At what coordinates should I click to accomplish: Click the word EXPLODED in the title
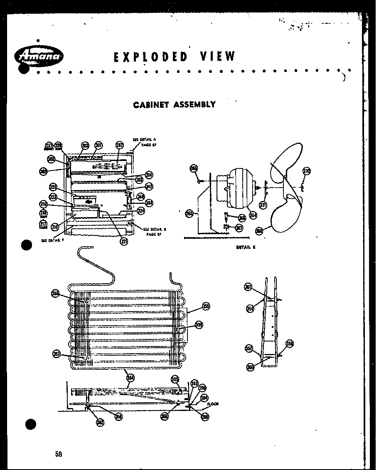coord(151,57)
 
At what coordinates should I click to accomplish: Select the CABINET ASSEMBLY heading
coord(174,104)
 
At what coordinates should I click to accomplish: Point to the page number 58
coord(59,454)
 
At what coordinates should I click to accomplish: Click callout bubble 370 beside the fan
coord(307,171)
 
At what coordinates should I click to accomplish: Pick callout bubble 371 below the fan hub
coord(263,205)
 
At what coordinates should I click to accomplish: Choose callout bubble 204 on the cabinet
coord(149,175)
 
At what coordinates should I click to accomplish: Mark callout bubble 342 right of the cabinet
coord(149,187)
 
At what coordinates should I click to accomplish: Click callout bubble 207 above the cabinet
coord(120,146)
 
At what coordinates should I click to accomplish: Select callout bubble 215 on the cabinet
coord(54,227)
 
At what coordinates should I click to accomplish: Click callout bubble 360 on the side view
coord(250,367)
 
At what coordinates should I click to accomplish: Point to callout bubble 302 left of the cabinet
coord(51,159)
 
